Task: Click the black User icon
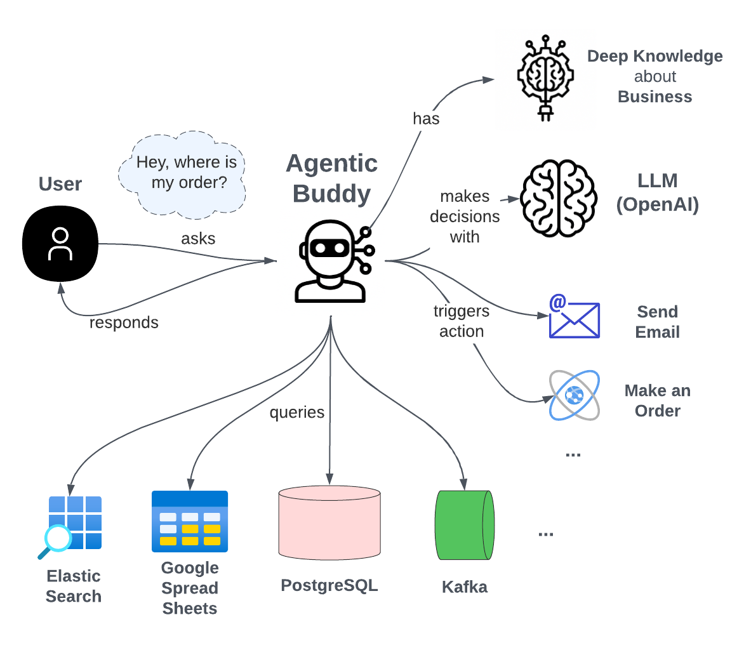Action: point(60,244)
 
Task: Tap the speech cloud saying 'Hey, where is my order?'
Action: point(182,173)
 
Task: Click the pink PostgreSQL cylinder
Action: point(329,523)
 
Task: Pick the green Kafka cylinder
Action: point(464,525)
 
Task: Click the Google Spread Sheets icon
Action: point(190,522)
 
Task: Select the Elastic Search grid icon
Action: point(75,522)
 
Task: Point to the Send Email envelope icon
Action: point(574,316)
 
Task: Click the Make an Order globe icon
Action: point(574,395)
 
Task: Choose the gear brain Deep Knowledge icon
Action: point(545,77)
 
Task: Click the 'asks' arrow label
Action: point(198,239)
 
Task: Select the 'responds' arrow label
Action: point(124,322)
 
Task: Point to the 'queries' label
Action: point(296,413)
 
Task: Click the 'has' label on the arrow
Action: point(425,119)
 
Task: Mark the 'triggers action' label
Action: point(462,321)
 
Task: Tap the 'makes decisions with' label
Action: point(465,216)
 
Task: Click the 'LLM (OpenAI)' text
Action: point(657,193)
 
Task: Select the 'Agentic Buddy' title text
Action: point(331,178)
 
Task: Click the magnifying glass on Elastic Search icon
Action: point(57,540)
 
